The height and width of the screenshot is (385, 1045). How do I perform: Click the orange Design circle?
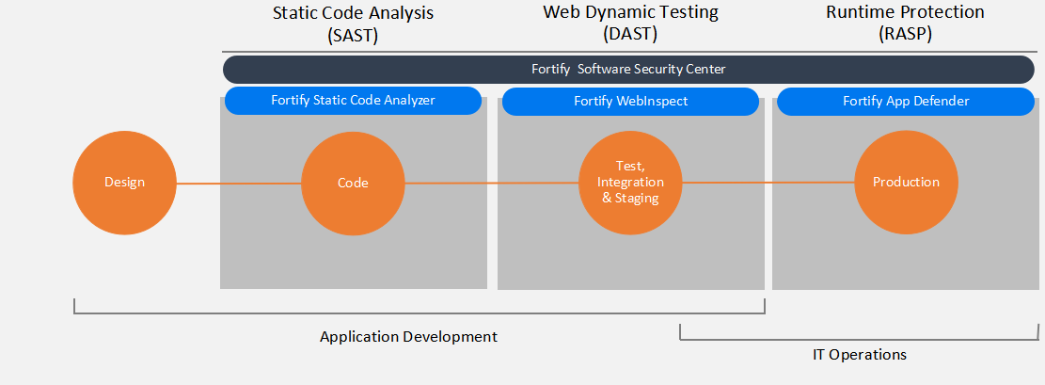(x=124, y=183)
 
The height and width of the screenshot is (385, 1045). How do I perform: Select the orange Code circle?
(x=354, y=183)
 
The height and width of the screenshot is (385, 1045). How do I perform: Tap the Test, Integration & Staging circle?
(x=630, y=183)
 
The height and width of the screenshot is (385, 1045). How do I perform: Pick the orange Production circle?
(x=907, y=183)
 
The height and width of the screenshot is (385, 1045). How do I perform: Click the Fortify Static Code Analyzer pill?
(x=354, y=100)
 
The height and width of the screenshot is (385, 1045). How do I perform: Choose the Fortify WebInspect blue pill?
(x=630, y=102)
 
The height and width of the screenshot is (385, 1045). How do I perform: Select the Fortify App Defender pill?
(x=906, y=102)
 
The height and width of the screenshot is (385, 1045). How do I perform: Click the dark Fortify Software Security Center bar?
(x=628, y=70)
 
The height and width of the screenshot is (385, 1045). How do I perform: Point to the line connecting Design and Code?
(x=239, y=184)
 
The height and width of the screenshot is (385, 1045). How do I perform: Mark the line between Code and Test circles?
(x=492, y=183)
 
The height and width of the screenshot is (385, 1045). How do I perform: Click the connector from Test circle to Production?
(x=768, y=183)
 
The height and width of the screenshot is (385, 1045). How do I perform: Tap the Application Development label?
(x=408, y=336)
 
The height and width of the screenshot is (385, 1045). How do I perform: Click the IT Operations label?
(x=860, y=354)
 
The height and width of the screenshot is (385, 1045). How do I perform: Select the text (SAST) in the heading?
(x=354, y=36)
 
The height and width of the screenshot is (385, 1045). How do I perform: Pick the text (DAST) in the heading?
(x=630, y=35)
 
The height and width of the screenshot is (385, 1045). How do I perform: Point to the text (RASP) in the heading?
(x=905, y=35)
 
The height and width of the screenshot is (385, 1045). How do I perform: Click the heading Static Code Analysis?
(x=354, y=13)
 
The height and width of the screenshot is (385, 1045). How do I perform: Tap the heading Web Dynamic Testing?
(x=630, y=12)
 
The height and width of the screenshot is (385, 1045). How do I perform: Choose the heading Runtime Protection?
(x=905, y=11)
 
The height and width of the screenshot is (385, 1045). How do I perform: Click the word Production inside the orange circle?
(x=907, y=183)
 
